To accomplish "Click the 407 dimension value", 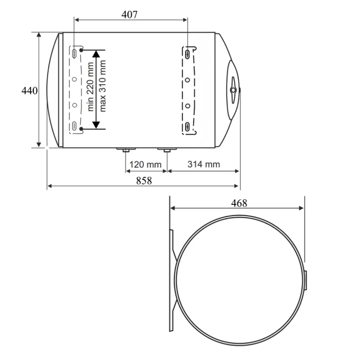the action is click(x=130, y=15).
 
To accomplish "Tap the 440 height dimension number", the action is click(x=29, y=91).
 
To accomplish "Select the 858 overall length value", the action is click(x=144, y=181).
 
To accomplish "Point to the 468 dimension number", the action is click(x=239, y=203).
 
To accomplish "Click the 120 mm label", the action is click(x=145, y=164).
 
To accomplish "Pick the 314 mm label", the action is click(x=204, y=164).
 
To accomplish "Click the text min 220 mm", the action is click(x=90, y=86).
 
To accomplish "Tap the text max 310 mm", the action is click(x=102, y=86).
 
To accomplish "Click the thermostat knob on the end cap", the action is click(x=233, y=90).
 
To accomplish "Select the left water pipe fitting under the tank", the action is click(x=126, y=150).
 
